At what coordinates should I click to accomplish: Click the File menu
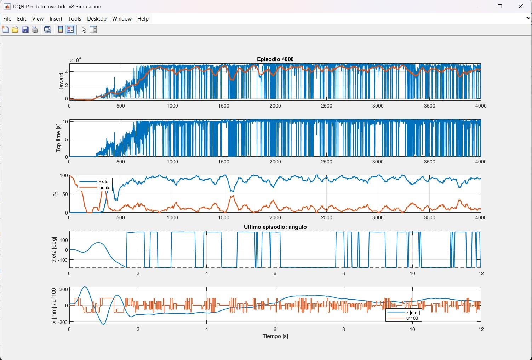(7, 19)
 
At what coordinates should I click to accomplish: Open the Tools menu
(75, 19)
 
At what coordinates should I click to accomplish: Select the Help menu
(143, 19)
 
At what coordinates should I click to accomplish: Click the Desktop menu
(97, 19)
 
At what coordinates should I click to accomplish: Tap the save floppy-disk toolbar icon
(25, 30)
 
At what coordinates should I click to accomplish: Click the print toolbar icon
(35, 30)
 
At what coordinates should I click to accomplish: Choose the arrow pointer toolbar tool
(84, 30)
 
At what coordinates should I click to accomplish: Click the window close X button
(520, 6)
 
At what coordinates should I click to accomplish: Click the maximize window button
(500, 6)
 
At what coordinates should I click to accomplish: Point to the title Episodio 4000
(275, 59)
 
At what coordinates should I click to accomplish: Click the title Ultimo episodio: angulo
(275, 227)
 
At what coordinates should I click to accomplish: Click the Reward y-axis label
(61, 82)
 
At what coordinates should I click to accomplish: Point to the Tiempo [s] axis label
(275, 336)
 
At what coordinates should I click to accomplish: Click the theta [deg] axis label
(54, 250)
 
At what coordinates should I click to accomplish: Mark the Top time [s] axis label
(58, 138)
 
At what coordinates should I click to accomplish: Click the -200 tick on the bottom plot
(63, 322)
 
